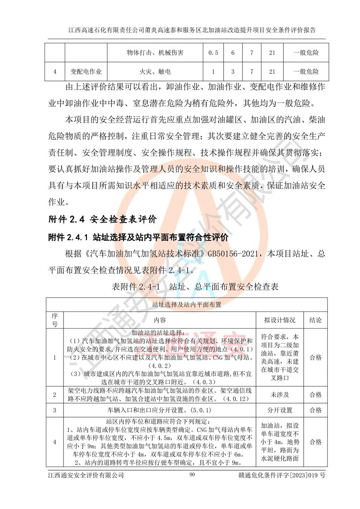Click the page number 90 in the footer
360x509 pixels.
192,475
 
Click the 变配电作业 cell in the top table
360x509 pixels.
86,72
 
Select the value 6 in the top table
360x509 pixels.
233,53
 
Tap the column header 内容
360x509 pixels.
160,320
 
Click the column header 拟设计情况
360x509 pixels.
279,320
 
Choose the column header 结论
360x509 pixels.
315,320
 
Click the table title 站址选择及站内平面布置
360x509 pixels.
187,305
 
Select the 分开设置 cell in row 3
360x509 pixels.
279,410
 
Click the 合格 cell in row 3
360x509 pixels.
315,410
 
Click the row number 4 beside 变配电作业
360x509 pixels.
54,72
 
